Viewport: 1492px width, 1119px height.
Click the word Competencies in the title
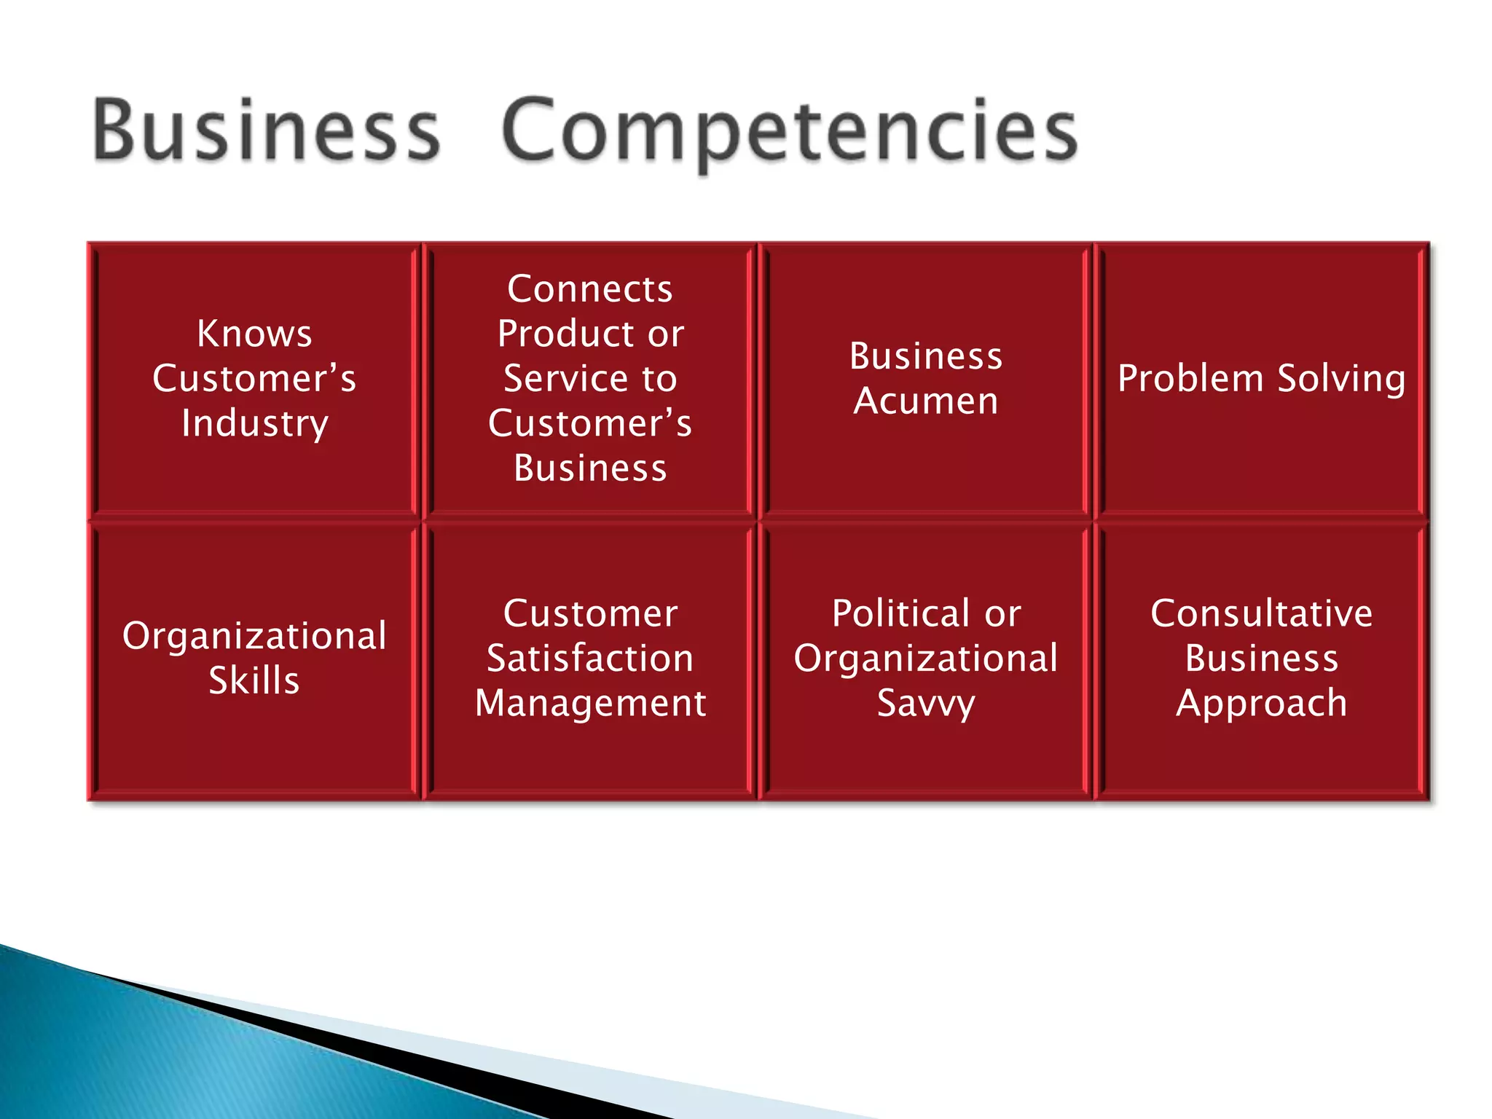point(790,131)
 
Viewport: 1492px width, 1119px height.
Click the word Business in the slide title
point(267,131)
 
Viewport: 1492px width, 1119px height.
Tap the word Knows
point(254,334)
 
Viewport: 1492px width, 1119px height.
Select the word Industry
point(255,424)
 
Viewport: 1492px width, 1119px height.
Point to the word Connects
point(590,289)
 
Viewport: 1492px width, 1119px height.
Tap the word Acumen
point(926,401)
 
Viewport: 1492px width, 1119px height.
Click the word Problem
point(1190,379)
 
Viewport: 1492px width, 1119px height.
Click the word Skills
point(254,681)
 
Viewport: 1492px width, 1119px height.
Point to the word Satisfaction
point(590,659)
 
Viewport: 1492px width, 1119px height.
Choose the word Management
point(590,704)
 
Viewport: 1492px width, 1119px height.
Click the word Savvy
point(926,704)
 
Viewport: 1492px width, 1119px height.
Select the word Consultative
point(1262,613)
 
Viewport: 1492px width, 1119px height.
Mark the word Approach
point(1262,704)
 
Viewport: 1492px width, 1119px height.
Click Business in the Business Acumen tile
point(926,356)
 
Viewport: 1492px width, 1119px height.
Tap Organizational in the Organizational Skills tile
point(254,636)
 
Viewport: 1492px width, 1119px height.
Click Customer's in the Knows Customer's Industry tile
point(254,379)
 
